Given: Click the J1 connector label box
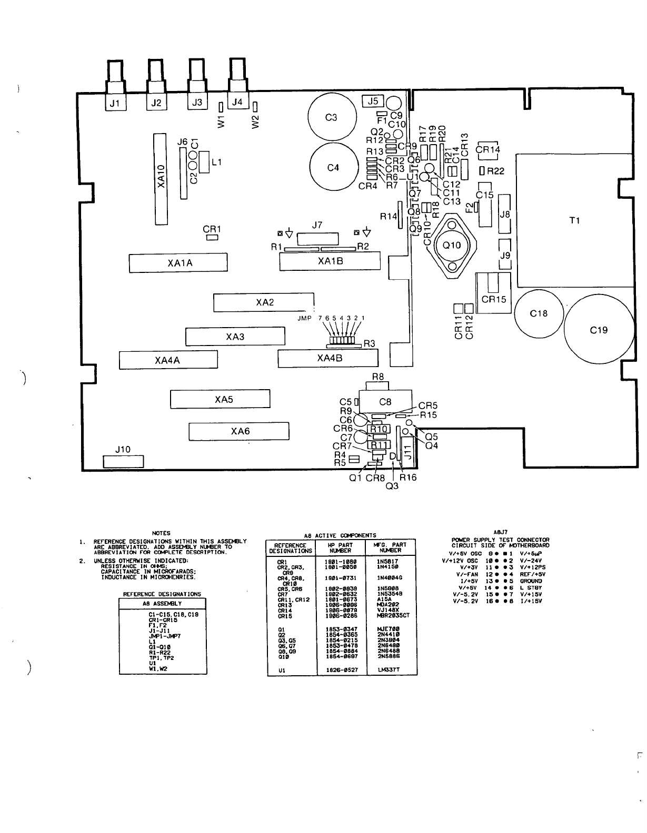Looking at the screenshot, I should pos(115,103).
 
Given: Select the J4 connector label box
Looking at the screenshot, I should pos(237,102).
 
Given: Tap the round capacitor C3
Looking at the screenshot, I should pos(331,117).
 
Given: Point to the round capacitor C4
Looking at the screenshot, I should pos(333,168).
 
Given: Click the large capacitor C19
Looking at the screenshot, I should pos(599,330).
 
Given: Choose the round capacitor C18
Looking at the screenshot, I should pos(539,313).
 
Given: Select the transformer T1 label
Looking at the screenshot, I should pos(575,221).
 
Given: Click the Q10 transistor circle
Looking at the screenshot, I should pos(452,245).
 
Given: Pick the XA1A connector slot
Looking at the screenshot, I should pos(178,263).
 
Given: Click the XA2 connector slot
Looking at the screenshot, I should pos(264,302).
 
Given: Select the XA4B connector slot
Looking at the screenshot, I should pos(329,359).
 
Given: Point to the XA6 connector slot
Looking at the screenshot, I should pos(239,431).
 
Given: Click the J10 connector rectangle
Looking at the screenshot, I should pos(123,461).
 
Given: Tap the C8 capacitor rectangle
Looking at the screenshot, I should pos(385,402).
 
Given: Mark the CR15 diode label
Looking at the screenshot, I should pos(494,300).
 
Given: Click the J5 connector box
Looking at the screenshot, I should pos(373,100).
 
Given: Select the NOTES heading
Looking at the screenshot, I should pos(161,533).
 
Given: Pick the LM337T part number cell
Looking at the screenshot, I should pos(390,670).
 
